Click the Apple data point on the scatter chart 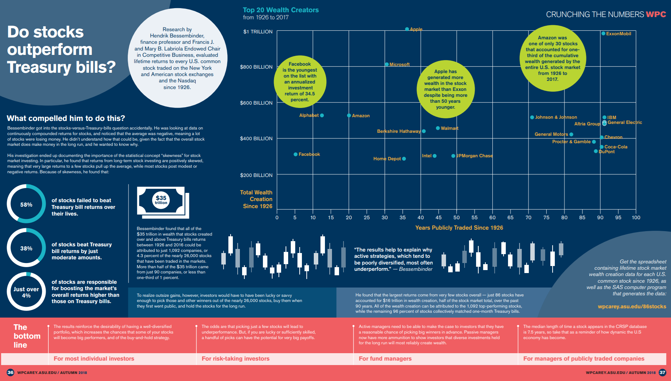tap(407, 29)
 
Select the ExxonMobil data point tap(603, 33)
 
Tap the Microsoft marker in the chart tap(387, 64)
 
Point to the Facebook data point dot tap(296, 154)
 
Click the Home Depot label tap(387, 159)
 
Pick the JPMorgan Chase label tap(475, 156)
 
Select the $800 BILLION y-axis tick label tap(256, 67)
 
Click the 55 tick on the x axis tap(475, 218)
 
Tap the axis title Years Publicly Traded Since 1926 tap(459, 228)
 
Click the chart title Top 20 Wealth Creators tap(281, 10)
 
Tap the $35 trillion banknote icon tap(163, 202)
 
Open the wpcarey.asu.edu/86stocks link tap(632, 306)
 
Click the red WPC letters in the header tap(656, 14)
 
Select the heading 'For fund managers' tap(385, 359)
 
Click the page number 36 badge tap(10, 372)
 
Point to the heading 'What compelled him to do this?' tap(66, 118)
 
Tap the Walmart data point tap(438, 128)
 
